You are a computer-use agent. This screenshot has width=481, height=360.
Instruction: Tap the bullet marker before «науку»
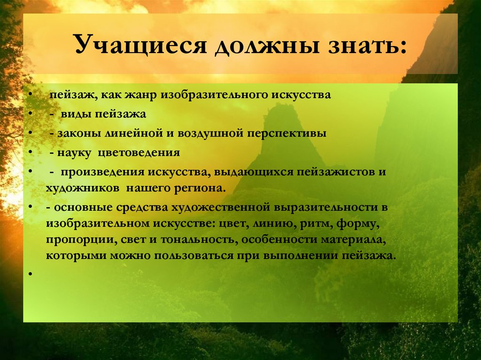pos(30,153)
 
